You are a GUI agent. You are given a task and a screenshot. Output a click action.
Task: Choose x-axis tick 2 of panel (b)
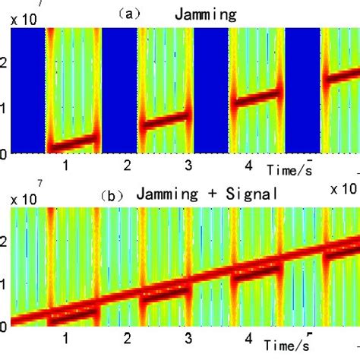pyautogui.click(x=128, y=337)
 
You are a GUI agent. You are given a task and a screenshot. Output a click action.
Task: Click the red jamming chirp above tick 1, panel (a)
pyautogui.click(x=73, y=142)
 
